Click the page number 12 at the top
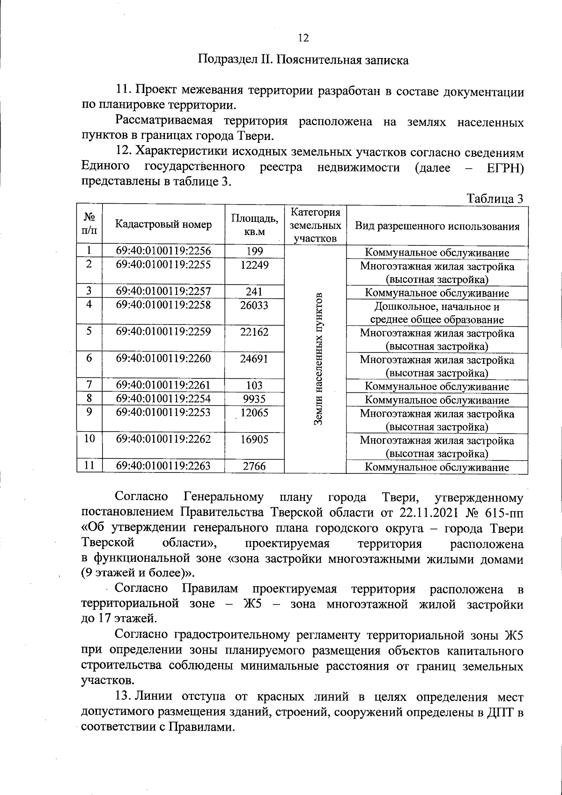click(303, 38)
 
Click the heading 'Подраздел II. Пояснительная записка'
click(303, 60)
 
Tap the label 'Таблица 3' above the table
click(495, 199)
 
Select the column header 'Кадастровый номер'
click(163, 225)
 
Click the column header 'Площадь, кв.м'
click(254, 225)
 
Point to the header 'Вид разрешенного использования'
click(437, 227)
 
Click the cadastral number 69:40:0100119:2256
click(163, 251)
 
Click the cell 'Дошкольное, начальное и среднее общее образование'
click(437, 313)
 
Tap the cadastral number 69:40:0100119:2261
click(163, 385)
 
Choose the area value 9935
click(254, 399)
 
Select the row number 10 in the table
click(89, 439)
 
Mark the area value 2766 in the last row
click(254, 466)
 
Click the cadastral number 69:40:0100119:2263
click(163, 466)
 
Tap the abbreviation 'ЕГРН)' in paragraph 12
click(505, 167)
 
